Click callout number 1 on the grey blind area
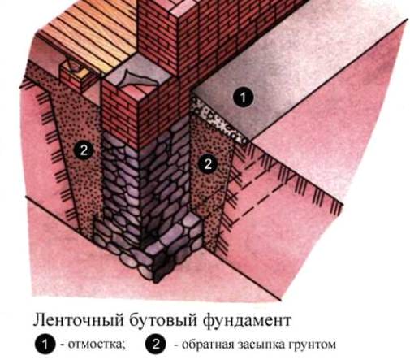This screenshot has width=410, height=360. (x=243, y=97)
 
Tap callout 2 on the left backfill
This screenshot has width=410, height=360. (x=84, y=150)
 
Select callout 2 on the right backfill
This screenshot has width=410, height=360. (x=207, y=163)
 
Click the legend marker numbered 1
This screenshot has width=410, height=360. (x=45, y=345)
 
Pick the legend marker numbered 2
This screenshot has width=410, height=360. (x=155, y=345)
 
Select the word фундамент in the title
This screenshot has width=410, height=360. (x=247, y=319)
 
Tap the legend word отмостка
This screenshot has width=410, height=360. (x=97, y=345)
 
